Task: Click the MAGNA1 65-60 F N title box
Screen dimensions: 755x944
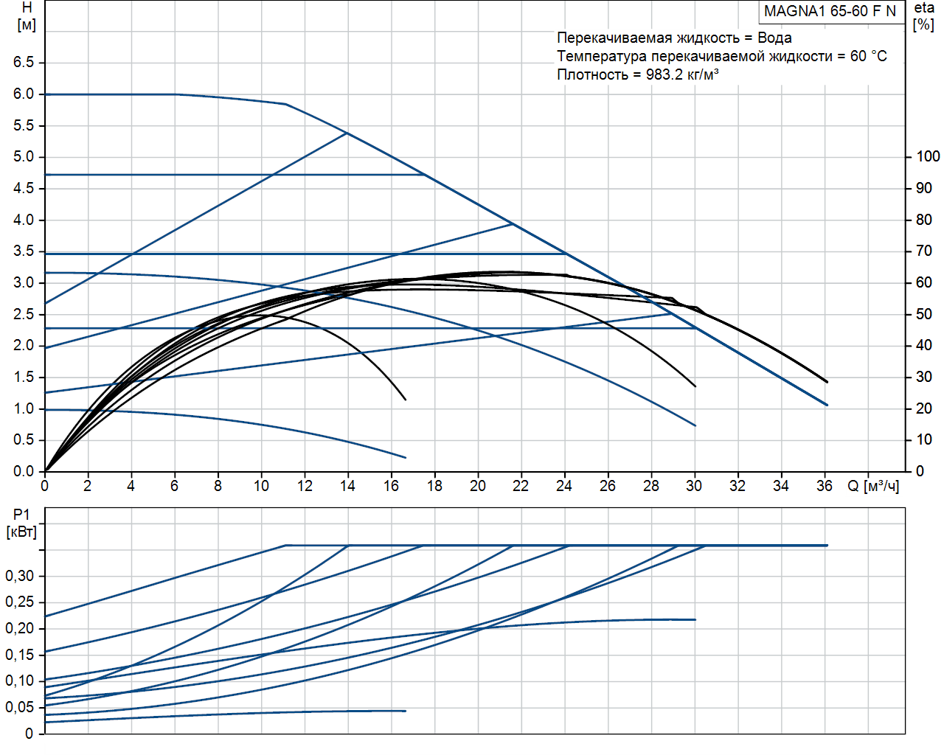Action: [830, 11]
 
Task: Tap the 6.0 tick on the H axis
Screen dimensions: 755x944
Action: [24, 94]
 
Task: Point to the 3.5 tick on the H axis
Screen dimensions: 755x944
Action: [24, 251]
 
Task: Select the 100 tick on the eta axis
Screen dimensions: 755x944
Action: [927, 156]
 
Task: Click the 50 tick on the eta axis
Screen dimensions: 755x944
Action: [923, 314]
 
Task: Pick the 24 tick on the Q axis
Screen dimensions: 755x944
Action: [564, 486]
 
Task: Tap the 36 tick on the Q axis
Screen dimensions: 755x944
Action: [824, 486]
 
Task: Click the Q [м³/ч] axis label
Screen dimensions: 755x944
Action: [873, 486]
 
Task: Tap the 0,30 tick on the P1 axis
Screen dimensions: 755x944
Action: [20, 576]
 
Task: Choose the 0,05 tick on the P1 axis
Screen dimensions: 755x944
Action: [20, 707]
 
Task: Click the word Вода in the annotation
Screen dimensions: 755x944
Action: [774, 38]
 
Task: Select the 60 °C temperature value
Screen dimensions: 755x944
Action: [868, 56]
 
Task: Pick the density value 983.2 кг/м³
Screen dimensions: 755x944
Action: [681, 74]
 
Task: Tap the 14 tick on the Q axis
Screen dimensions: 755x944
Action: [348, 486]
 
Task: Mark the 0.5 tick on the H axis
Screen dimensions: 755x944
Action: [24, 440]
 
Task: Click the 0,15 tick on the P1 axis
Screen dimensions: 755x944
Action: [20, 655]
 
